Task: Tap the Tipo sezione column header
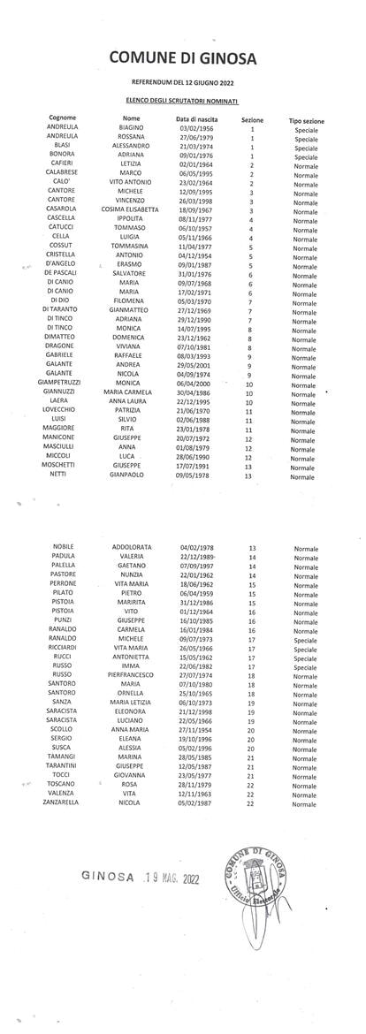[306, 119]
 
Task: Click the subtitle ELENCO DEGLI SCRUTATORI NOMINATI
[179, 102]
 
